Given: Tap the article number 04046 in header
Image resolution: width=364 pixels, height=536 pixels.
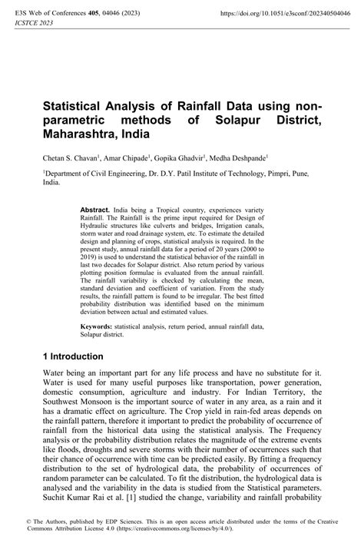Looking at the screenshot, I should point(109,13).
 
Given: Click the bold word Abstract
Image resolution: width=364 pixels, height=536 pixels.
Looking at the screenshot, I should point(95,210).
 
